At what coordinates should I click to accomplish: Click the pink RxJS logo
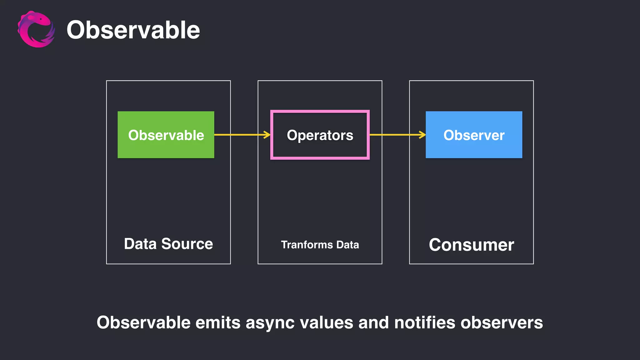click(x=36, y=29)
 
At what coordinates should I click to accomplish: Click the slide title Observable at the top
click(x=133, y=30)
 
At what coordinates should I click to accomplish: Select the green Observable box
click(x=166, y=135)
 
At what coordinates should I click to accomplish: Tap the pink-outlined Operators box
click(x=320, y=135)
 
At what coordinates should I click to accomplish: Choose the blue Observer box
click(x=474, y=135)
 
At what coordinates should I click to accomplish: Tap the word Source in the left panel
click(x=187, y=244)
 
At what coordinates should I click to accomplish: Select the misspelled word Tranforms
click(x=307, y=245)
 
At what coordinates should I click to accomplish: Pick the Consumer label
click(x=471, y=245)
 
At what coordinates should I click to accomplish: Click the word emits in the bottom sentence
click(x=218, y=322)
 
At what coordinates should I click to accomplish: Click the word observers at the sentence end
click(x=502, y=322)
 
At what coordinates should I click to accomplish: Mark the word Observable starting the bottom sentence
click(x=143, y=322)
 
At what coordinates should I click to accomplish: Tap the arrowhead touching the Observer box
click(x=422, y=135)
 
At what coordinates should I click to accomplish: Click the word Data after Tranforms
click(x=347, y=245)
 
